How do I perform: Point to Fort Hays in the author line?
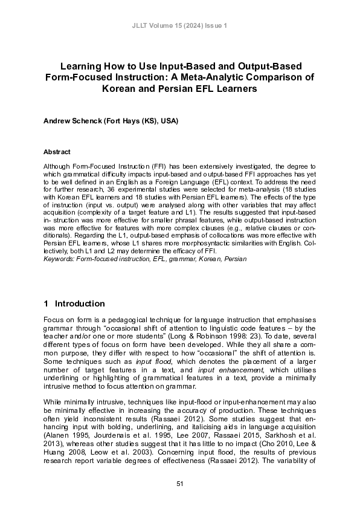(123, 121)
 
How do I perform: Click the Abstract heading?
(57, 152)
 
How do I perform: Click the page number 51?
(180, 484)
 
